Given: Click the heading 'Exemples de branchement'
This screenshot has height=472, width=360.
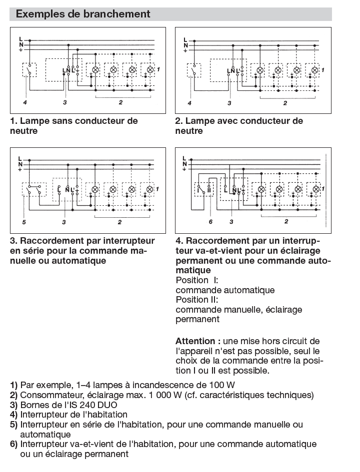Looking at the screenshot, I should click(x=83, y=14).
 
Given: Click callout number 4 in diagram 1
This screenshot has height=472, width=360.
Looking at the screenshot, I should click(x=24, y=102).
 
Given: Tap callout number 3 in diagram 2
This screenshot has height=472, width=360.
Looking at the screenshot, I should click(x=229, y=103).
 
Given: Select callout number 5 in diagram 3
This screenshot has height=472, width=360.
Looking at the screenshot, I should click(x=24, y=221).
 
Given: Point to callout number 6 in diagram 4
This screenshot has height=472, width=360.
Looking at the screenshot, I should click(x=210, y=221).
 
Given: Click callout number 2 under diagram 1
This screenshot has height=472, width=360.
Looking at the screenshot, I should click(x=120, y=102).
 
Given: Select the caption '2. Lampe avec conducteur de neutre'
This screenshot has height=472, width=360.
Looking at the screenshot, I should click(x=239, y=126).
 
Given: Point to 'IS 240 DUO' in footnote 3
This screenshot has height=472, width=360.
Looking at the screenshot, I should click(x=85, y=405).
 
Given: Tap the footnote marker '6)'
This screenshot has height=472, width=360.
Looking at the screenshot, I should click(x=14, y=444).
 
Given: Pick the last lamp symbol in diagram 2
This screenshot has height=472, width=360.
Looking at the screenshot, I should click(x=315, y=69).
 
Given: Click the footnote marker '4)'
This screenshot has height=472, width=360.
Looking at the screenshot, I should click(x=14, y=415).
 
